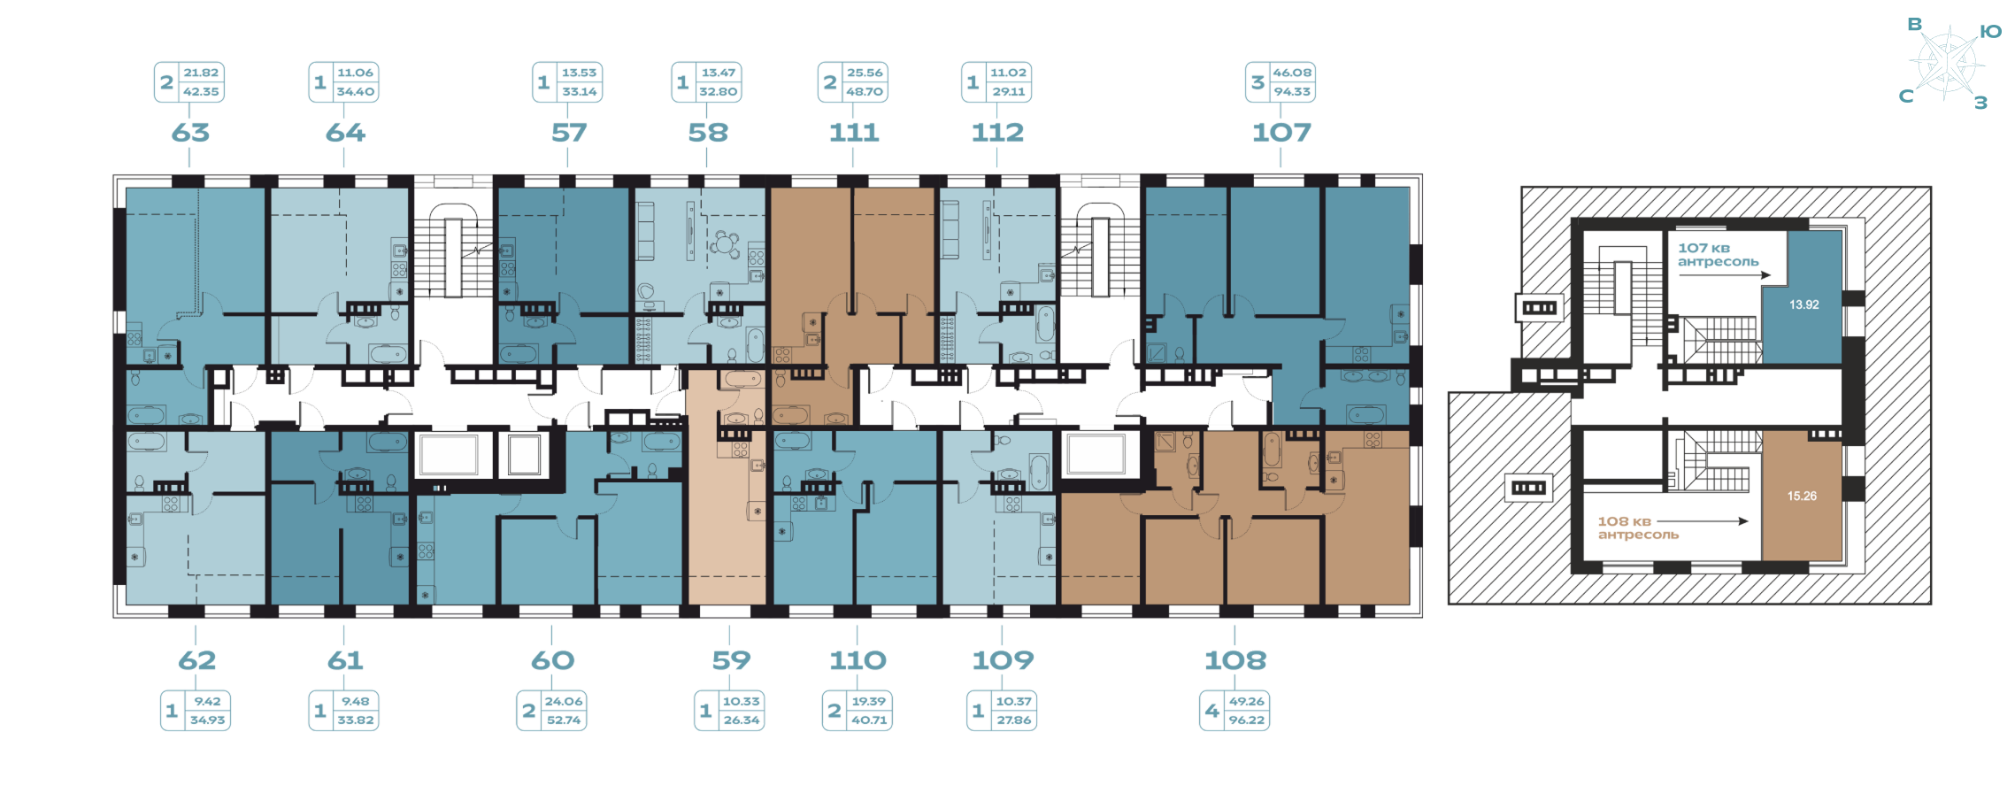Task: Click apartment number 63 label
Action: click(x=190, y=133)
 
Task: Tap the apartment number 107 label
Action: click(x=1281, y=133)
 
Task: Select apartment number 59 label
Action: click(x=731, y=660)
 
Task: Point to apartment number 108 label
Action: click(x=1235, y=660)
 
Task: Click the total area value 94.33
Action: click(x=1292, y=91)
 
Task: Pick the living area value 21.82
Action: click(x=201, y=73)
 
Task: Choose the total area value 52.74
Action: click(x=564, y=720)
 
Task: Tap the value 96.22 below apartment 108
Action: click(x=1246, y=720)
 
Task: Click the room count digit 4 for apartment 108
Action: click(x=1212, y=711)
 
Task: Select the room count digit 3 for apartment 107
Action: click(x=1257, y=82)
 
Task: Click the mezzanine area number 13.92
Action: click(x=1804, y=304)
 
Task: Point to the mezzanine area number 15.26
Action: click(x=1802, y=496)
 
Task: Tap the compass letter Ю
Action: click(x=1990, y=32)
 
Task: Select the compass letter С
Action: click(x=1906, y=96)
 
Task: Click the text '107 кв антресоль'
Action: click(x=1718, y=255)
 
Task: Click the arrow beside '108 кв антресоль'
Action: click(x=1704, y=521)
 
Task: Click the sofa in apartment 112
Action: click(x=950, y=229)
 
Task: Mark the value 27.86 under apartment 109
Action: click(x=1014, y=720)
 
